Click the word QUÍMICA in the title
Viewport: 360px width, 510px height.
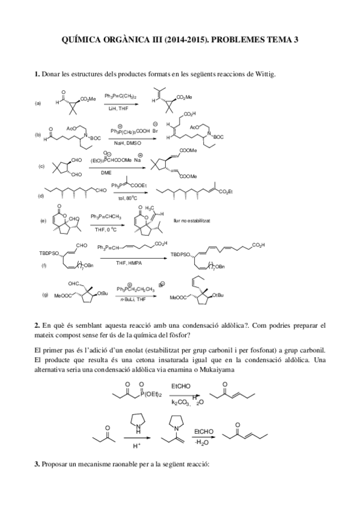pyautogui.click(x=84, y=40)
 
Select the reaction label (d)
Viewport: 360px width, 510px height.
pyautogui.click(x=41, y=195)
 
